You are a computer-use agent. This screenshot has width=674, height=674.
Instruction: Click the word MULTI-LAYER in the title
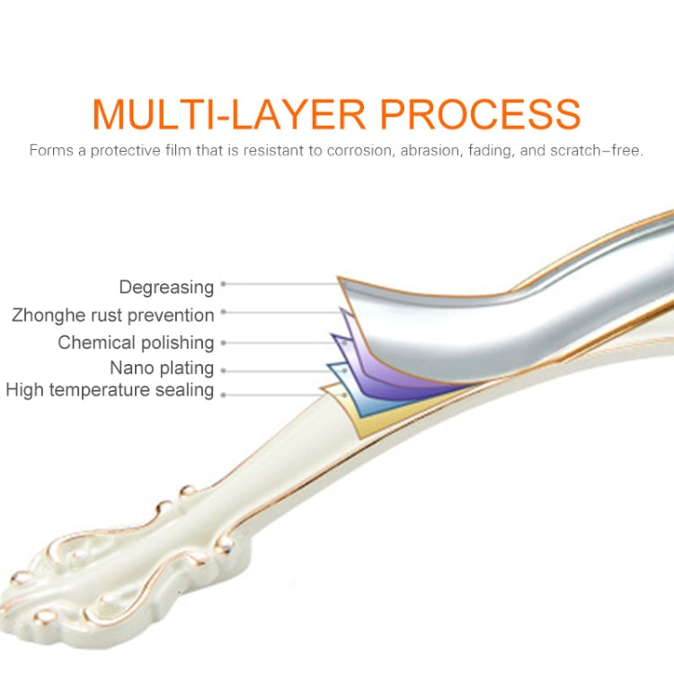pyautogui.click(x=229, y=113)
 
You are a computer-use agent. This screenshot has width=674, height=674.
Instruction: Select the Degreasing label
pyautogui.click(x=166, y=287)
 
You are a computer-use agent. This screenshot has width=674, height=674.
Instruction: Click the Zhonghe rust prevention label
pyautogui.click(x=113, y=315)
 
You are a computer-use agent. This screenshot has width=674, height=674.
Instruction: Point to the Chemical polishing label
pyautogui.click(x=136, y=342)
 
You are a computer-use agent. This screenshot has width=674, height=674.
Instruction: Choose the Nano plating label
pyautogui.click(x=162, y=368)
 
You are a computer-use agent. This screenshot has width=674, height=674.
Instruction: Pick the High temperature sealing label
pyautogui.click(x=110, y=390)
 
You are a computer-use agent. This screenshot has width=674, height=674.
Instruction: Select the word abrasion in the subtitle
pyautogui.click(x=428, y=150)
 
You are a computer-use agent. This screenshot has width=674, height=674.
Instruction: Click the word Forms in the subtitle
pyautogui.click(x=49, y=150)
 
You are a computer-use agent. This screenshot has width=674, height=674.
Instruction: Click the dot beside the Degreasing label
pyautogui.click(x=224, y=284)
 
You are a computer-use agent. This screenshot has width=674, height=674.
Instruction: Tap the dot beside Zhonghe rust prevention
pyautogui.click(x=224, y=313)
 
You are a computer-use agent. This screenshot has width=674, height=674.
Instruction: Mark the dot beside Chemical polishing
pyautogui.click(x=224, y=342)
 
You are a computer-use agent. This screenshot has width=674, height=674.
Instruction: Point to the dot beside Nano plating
pyautogui.click(x=224, y=369)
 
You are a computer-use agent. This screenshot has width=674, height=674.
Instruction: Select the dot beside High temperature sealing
pyautogui.click(x=224, y=394)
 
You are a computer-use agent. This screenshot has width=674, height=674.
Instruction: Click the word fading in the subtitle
pyautogui.click(x=491, y=150)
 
